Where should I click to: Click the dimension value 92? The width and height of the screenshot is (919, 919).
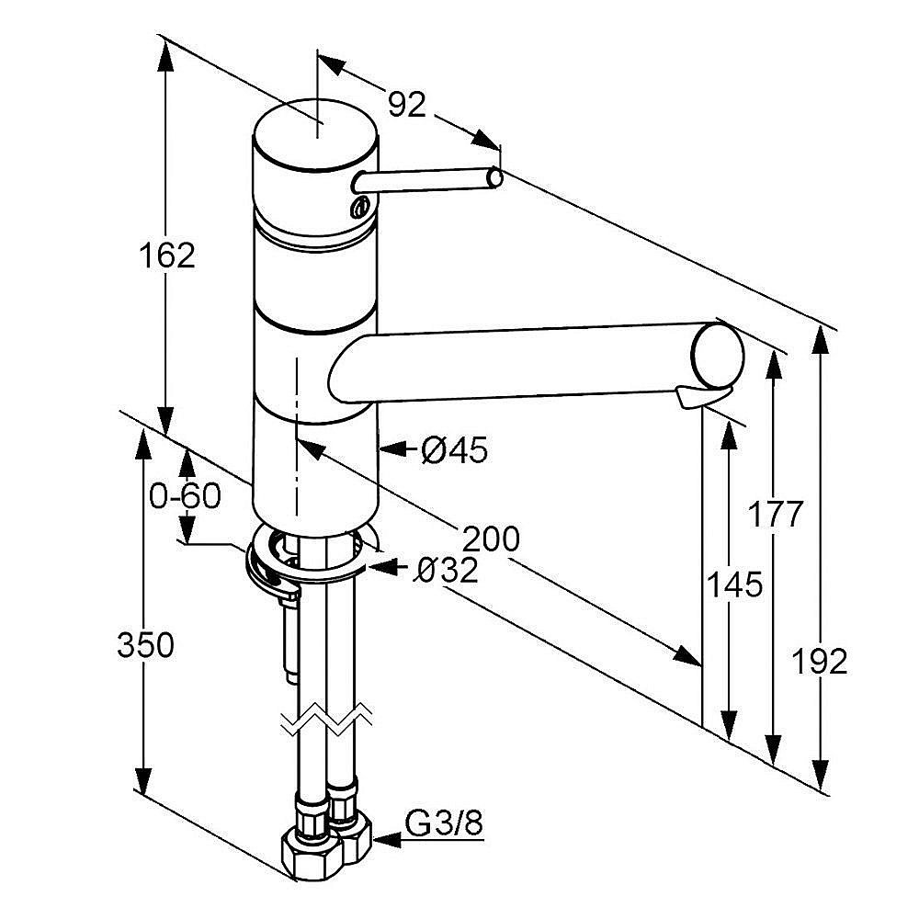(x=406, y=106)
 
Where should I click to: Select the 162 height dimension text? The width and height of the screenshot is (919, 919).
(x=168, y=255)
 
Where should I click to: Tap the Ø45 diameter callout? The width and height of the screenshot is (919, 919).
(x=454, y=450)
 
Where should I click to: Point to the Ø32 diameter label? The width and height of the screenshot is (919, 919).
(x=446, y=572)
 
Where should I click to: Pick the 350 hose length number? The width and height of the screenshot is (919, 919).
(x=145, y=646)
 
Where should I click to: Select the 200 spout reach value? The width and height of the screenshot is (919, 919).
(x=490, y=539)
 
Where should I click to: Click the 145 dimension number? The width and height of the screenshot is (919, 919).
(x=734, y=584)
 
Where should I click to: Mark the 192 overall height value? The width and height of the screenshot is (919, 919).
(x=820, y=661)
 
